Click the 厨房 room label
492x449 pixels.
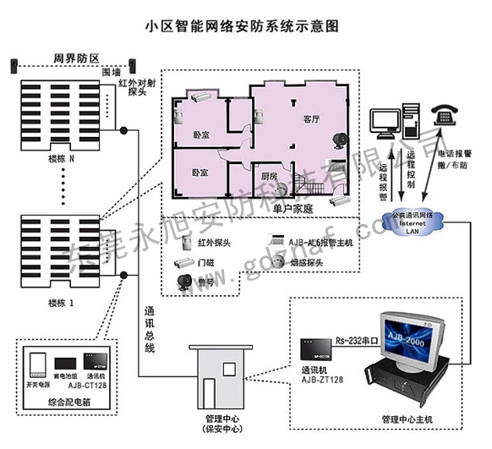pyautogui.click(x=269, y=176)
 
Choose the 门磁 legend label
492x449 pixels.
pyautogui.click(x=205, y=262)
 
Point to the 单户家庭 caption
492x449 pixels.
pyautogui.click(x=293, y=208)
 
